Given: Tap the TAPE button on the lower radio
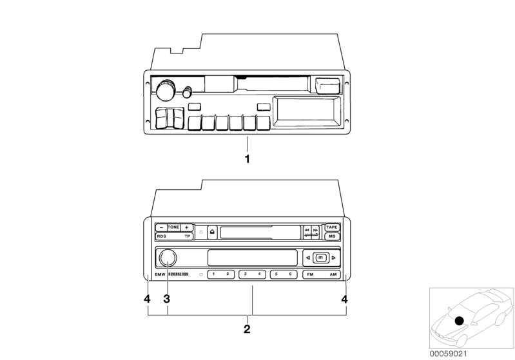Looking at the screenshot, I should click(331, 227).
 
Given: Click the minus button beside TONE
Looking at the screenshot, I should click(160, 227).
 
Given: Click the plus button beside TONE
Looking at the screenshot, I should click(186, 227).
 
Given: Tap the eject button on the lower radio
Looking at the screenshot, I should click(211, 232).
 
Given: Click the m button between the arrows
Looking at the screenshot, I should click(320, 258).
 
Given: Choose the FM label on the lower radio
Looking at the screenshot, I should click(311, 275).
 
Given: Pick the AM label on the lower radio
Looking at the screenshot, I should click(333, 275).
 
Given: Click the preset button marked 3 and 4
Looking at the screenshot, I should click(253, 274).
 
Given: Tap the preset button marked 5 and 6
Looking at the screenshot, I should click(284, 274).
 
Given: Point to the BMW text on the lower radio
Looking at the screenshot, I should click(161, 275).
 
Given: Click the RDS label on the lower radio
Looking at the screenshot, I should click(160, 237).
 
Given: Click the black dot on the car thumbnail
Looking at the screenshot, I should click(459, 321).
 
